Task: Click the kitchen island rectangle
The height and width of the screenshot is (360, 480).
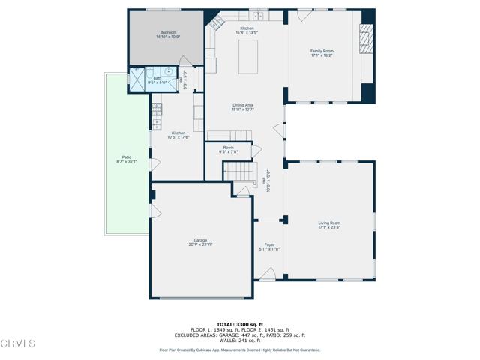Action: click(x=248, y=58)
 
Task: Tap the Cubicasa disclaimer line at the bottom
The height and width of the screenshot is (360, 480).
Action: click(x=239, y=349)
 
